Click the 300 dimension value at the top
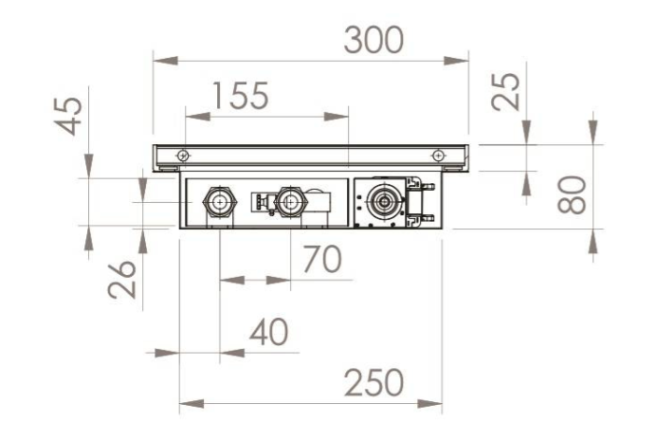[374, 40]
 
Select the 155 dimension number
[240, 96]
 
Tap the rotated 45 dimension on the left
[68, 117]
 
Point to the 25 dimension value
[506, 92]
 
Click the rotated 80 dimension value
[572, 195]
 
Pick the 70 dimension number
[322, 260]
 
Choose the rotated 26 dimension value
[121, 280]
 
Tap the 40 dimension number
[268, 332]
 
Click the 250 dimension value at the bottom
[374, 383]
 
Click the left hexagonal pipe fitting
[220, 202]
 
